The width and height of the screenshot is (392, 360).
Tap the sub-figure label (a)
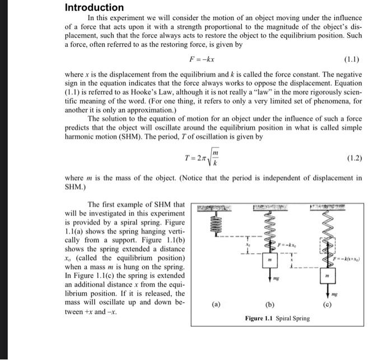(216, 306)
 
